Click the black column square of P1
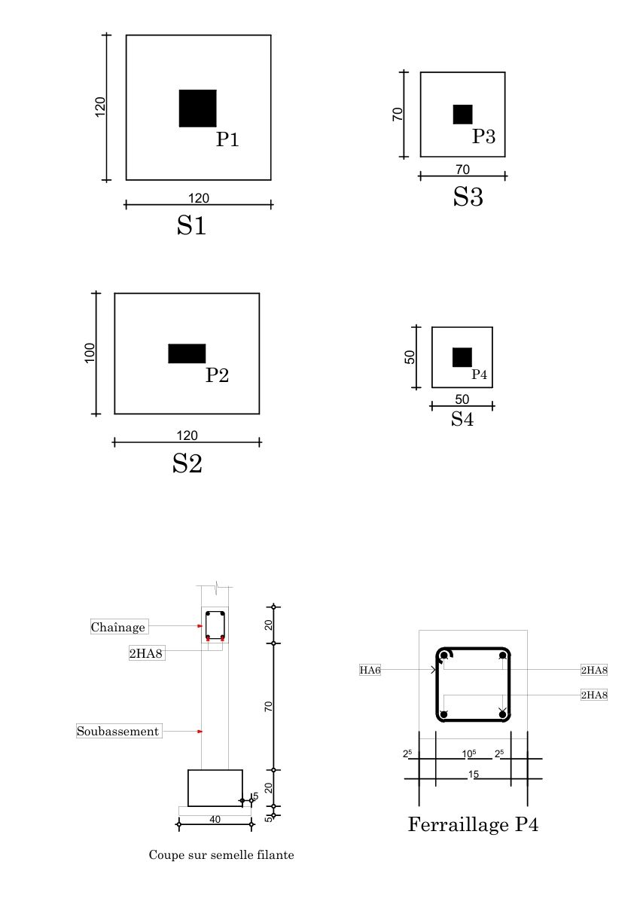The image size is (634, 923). click(x=197, y=108)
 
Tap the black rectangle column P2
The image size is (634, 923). click(x=187, y=353)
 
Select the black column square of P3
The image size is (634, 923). click(x=463, y=114)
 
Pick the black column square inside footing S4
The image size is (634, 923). click(x=462, y=357)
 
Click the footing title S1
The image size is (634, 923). click(x=191, y=225)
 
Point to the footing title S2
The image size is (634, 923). click(x=187, y=463)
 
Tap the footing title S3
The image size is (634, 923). click(x=468, y=196)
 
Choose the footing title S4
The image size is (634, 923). click(x=462, y=419)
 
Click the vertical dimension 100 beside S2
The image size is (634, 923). click(x=90, y=353)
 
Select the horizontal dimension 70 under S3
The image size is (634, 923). click(x=463, y=170)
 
